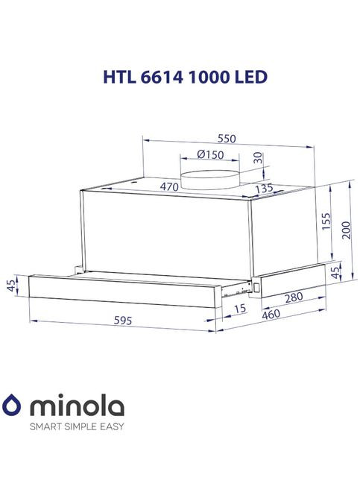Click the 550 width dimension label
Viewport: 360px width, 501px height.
click(x=227, y=139)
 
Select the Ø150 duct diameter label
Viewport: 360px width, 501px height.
click(x=210, y=154)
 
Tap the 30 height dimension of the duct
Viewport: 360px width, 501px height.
click(x=257, y=158)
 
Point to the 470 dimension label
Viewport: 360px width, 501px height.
click(x=170, y=187)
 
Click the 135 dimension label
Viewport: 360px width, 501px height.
click(x=259, y=189)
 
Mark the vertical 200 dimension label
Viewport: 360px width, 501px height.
click(x=345, y=230)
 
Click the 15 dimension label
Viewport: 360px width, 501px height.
click(x=239, y=308)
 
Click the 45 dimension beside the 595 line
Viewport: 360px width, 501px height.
click(x=10, y=286)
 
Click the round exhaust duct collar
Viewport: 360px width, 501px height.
click(x=210, y=177)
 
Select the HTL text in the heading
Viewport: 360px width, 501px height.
click(x=116, y=78)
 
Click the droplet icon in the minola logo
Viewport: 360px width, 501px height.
click(x=13, y=406)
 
